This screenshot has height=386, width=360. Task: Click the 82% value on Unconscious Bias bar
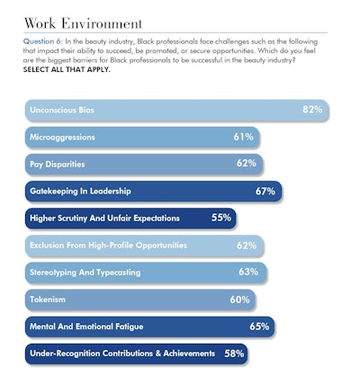click(312, 110)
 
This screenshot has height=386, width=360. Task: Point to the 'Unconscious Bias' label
click(62, 111)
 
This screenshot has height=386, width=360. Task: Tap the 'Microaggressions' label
click(63, 138)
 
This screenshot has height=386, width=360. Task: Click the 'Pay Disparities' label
click(58, 164)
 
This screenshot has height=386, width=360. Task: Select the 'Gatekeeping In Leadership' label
click(80, 191)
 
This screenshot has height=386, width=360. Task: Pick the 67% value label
click(265, 191)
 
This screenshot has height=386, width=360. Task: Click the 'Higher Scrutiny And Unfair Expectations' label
click(104, 218)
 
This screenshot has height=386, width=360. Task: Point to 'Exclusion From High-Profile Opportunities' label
click(108, 245)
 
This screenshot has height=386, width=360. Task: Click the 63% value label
click(248, 271)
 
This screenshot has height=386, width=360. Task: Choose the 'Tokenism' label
click(48, 299)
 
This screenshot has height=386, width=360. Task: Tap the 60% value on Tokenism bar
click(240, 299)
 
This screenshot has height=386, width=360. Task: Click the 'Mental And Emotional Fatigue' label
click(86, 326)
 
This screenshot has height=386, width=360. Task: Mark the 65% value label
click(259, 326)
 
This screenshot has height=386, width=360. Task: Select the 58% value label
click(234, 354)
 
